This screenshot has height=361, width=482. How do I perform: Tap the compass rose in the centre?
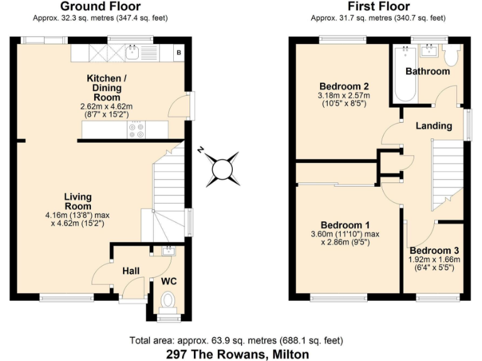[x=222, y=169]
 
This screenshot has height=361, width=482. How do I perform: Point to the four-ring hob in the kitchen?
[x=136, y=130]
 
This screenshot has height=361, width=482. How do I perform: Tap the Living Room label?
[x=78, y=201]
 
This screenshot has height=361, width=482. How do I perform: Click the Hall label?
[x=131, y=271]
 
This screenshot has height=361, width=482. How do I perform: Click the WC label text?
[x=169, y=281]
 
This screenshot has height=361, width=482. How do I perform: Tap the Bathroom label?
[x=427, y=71]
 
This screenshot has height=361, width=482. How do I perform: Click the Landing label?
[x=434, y=125]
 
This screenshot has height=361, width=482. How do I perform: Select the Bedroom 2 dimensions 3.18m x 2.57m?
[x=344, y=95]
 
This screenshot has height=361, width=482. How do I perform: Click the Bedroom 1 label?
[x=345, y=225]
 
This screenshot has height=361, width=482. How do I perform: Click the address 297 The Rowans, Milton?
[x=238, y=354]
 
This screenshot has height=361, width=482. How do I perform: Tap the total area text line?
[x=237, y=341]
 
